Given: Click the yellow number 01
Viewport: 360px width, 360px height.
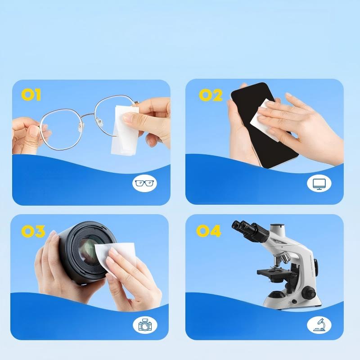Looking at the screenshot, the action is (x=31, y=95).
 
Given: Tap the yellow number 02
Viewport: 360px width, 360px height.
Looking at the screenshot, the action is (x=211, y=95).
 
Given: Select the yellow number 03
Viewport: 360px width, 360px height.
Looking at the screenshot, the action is (x=33, y=231).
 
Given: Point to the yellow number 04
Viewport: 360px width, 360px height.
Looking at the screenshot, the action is (x=209, y=231).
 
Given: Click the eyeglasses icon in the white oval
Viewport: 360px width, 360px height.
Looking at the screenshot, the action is (x=144, y=183).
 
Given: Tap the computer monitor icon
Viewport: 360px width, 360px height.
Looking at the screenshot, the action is (x=319, y=184).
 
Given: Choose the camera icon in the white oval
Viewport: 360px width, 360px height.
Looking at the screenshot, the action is (x=145, y=324).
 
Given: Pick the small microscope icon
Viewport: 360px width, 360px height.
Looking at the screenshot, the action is (x=319, y=324).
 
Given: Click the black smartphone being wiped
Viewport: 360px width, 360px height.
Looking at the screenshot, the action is (x=264, y=125).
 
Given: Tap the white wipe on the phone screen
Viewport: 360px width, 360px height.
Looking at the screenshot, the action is (x=264, y=119).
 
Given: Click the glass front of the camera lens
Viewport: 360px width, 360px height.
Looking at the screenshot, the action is (x=89, y=251).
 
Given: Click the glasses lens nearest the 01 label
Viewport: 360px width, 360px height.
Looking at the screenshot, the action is (x=61, y=129).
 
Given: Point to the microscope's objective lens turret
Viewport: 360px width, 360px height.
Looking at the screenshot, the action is (x=282, y=258).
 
